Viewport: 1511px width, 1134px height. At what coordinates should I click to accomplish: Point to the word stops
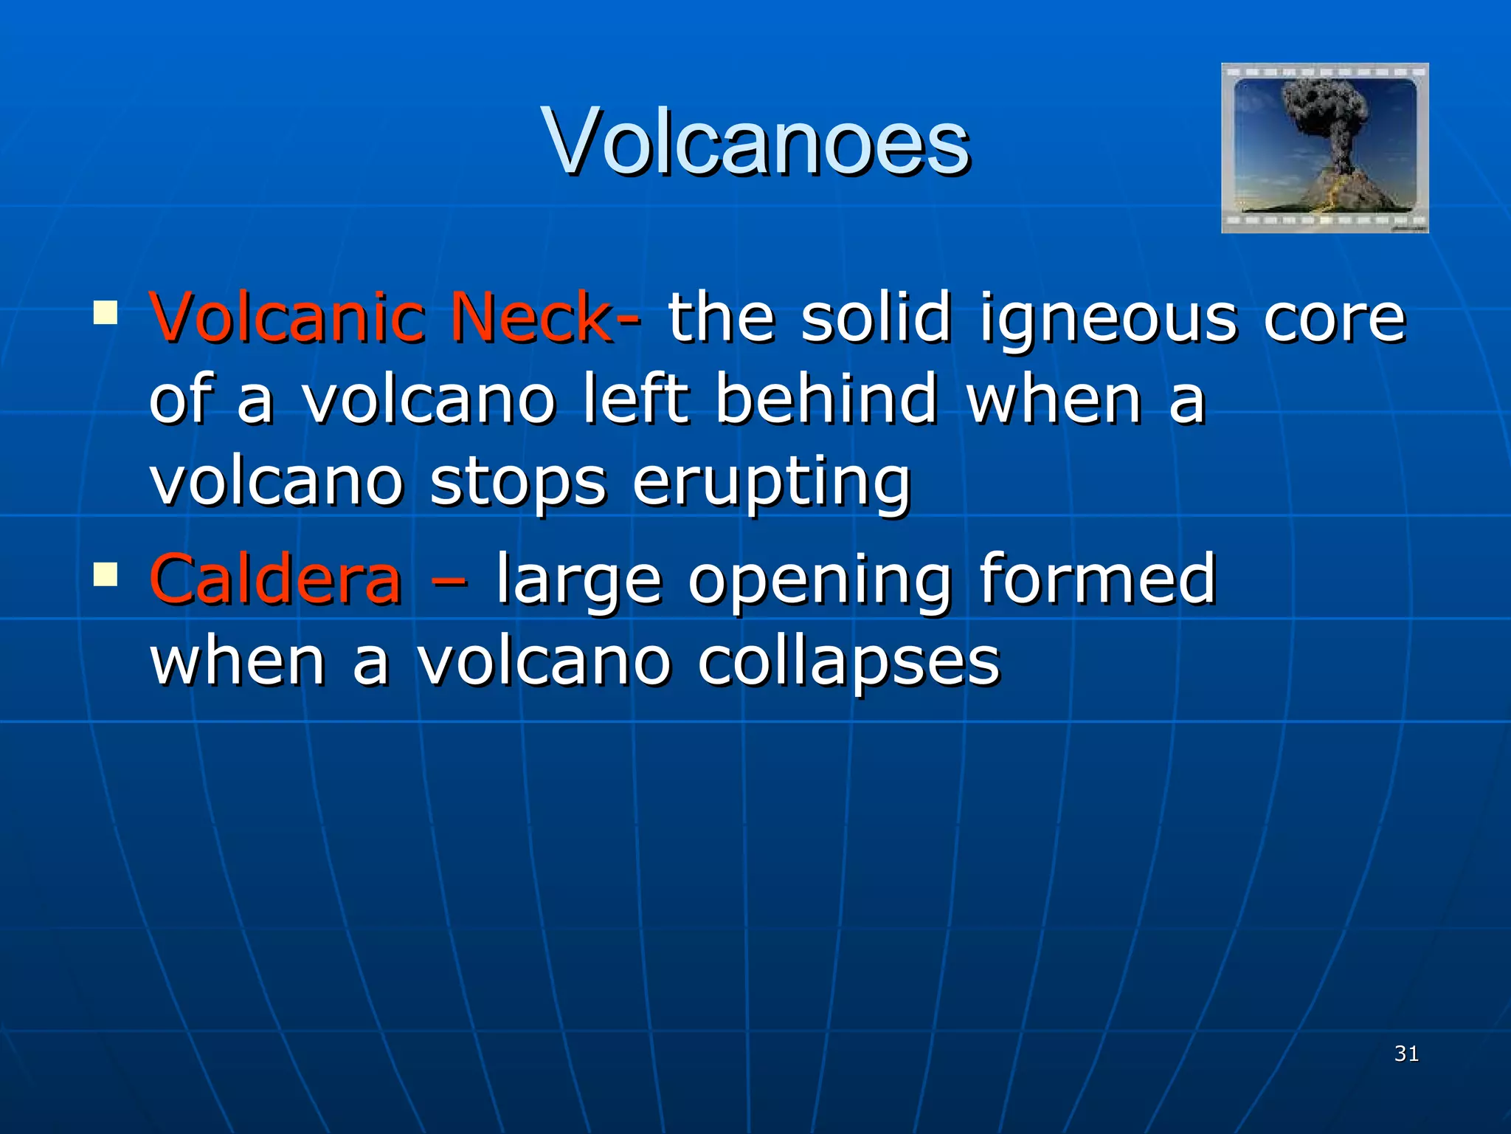(x=518, y=483)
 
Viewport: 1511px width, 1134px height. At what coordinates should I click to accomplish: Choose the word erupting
(x=772, y=483)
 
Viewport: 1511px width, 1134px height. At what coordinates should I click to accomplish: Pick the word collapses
(x=848, y=662)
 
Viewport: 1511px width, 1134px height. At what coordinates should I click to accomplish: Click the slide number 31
(x=1406, y=1054)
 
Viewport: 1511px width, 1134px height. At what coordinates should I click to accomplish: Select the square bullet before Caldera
(x=106, y=574)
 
